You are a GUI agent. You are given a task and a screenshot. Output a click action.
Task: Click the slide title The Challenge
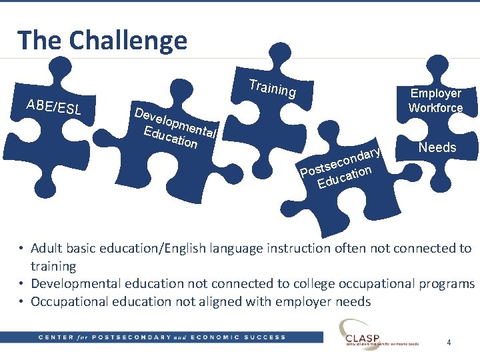[x=102, y=40]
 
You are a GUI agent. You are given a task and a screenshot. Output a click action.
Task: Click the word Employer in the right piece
[x=435, y=93]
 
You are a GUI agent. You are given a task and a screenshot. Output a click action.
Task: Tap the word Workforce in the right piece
[x=435, y=108]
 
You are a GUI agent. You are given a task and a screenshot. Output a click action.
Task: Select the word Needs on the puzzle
[x=437, y=147]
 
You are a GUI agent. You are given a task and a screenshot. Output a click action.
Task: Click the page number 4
[x=449, y=343]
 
